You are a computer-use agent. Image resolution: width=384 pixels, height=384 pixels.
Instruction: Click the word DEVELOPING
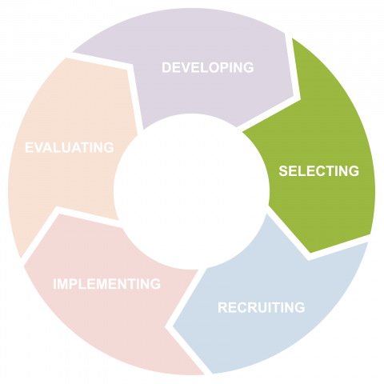pos(208,67)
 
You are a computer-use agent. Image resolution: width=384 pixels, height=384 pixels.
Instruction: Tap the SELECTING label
pos(319,171)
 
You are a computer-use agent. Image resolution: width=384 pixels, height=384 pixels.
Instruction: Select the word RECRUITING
pos(262,307)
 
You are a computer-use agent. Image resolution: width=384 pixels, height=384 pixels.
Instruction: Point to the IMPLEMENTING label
pos(107,284)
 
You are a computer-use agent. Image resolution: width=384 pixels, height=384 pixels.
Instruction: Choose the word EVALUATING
pos(70,147)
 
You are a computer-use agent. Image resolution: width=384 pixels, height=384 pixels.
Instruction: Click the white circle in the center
pos(191,191)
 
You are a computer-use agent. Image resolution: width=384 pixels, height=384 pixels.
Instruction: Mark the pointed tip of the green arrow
pos(311,253)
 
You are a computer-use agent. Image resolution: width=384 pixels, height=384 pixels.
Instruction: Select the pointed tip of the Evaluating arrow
pos(73,51)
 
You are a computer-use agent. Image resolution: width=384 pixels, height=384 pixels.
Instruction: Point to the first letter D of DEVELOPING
pos(166,67)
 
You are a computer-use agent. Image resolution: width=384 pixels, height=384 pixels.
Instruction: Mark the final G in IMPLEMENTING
pos(155,284)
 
